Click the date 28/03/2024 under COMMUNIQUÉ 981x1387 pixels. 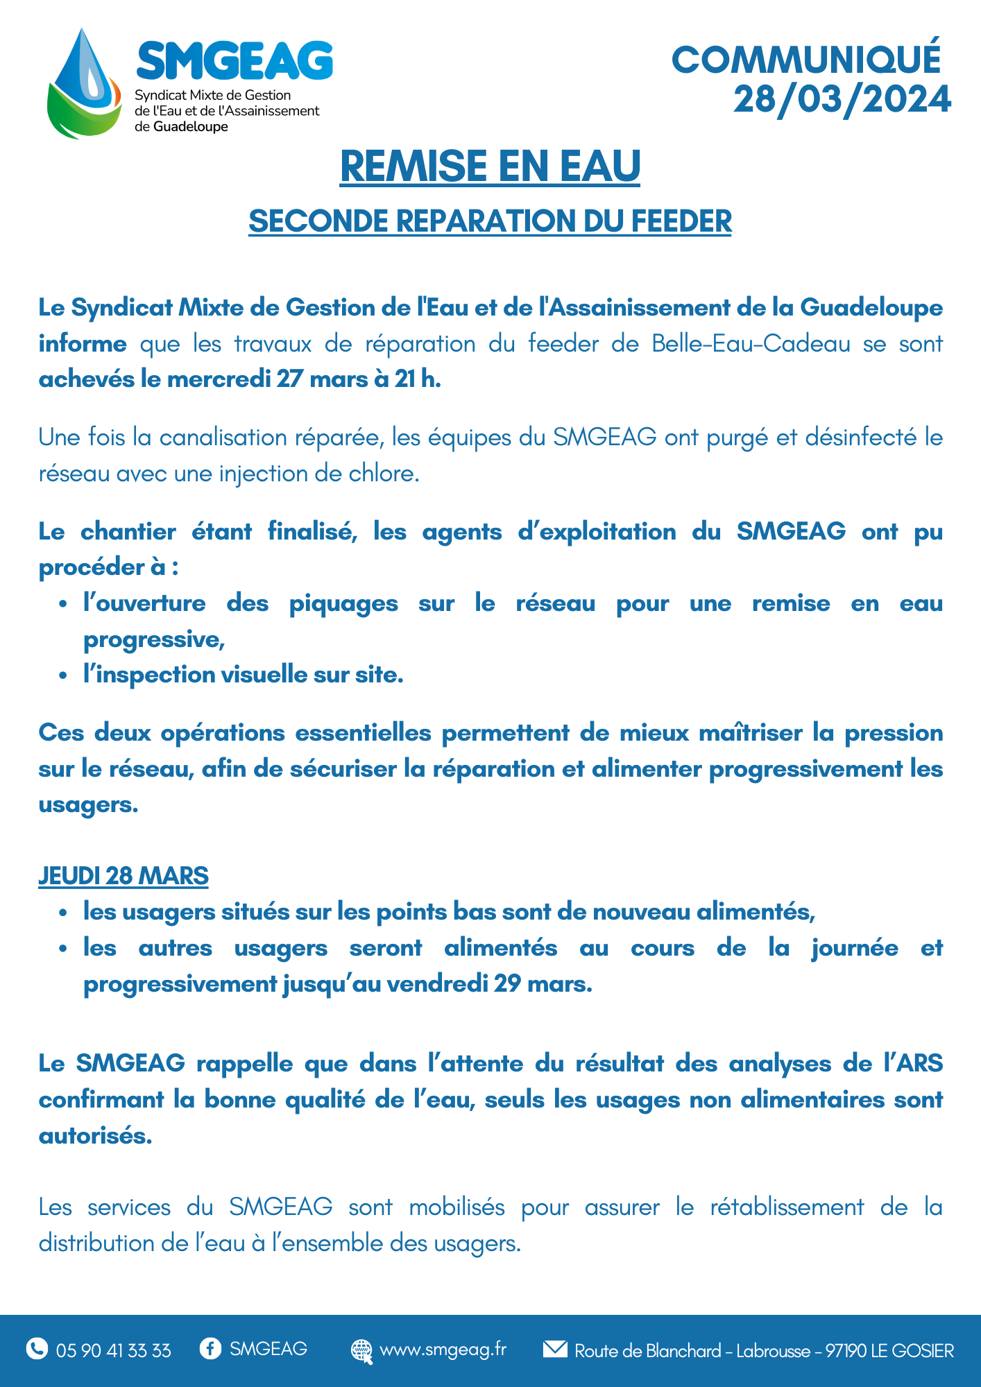point(842,99)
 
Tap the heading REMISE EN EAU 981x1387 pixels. point(490,166)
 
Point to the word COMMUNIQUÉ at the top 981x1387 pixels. point(806,60)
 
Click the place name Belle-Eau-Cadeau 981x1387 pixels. point(751,343)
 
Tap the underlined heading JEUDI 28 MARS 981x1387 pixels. point(123,876)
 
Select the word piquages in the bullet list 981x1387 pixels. point(343,603)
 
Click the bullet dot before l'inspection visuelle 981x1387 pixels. point(63,675)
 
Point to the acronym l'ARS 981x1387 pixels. point(913,1063)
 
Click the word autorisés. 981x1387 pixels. point(95,1136)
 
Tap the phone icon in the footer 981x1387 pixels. point(37,1349)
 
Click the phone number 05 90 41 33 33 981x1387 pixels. point(114,1350)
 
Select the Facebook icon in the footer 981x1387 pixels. point(210,1348)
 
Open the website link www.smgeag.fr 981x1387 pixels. point(443,1350)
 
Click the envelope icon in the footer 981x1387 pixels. point(554,1349)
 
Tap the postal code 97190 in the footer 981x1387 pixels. point(846,1350)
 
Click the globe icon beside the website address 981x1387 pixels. point(361,1350)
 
